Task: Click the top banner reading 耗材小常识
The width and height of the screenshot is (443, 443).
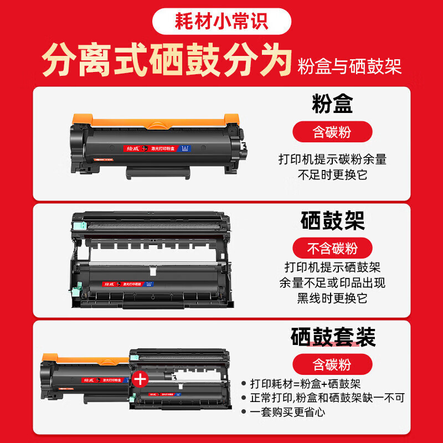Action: tap(221, 21)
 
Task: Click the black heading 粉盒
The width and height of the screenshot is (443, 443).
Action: tap(332, 105)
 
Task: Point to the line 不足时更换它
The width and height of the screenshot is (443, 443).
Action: tap(332, 174)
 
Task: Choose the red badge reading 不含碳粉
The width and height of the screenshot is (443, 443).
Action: tap(332, 248)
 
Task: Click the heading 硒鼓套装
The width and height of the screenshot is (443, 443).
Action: tap(333, 337)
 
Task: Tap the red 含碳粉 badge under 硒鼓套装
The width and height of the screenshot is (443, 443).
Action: tap(332, 364)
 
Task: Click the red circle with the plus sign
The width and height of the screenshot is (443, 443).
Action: tap(141, 379)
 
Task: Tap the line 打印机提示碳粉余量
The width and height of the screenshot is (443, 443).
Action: tap(332, 159)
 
